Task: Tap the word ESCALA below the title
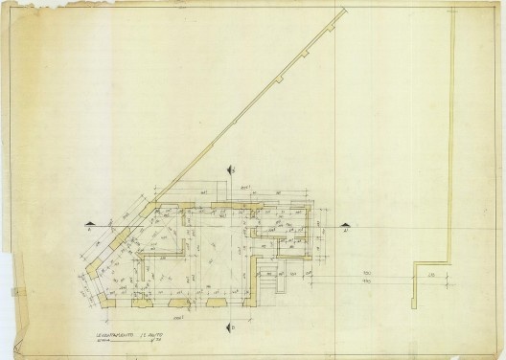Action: [x=103, y=339]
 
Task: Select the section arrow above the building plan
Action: [x=231, y=169]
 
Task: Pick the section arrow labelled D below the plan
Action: [x=232, y=326]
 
